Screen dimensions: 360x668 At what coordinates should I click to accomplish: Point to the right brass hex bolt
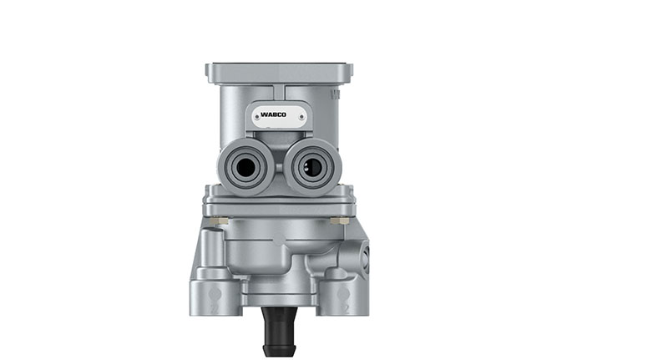point(339,221)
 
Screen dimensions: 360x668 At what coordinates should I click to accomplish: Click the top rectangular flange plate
point(278,72)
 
